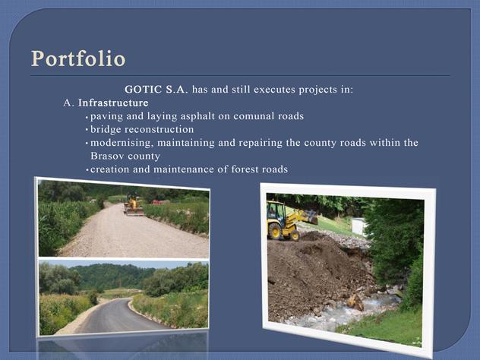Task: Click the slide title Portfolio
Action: click(x=78, y=58)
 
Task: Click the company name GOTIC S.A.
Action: click(x=156, y=90)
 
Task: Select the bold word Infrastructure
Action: click(x=113, y=103)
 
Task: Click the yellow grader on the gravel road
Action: click(x=134, y=204)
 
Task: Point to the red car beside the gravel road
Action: click(x=156, y=202)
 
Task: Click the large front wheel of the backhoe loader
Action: click(x=275, y=232)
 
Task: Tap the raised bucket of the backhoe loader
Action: click(x=311, y=217)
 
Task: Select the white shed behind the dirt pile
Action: click(x=358, y=226)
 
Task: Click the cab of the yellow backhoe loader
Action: click(x=276, y=211)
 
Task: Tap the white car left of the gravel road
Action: click(x=92, y=201)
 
